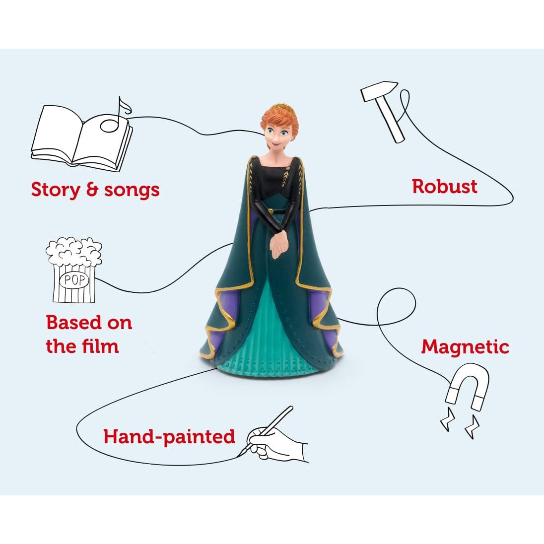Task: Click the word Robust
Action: (444, 187)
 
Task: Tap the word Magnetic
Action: (465, 346)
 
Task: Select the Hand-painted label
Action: (169, 437)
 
